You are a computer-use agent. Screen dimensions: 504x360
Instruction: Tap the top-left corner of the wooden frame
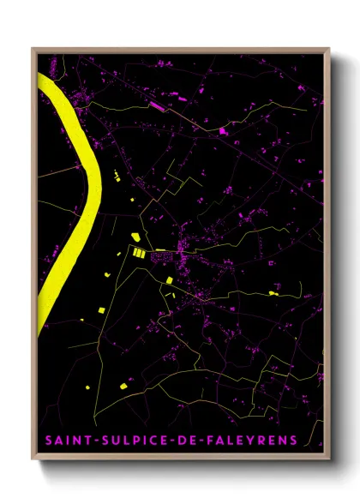pyautogui.click(x=33, y=49)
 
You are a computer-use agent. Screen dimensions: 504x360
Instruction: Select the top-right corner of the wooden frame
pyautogui.click(x=330, y=49)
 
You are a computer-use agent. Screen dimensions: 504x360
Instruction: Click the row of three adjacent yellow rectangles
pyautogui.click(x=138, y=252)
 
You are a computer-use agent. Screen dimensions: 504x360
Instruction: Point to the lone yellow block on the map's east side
pyautogui.click(x=273, y=293)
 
